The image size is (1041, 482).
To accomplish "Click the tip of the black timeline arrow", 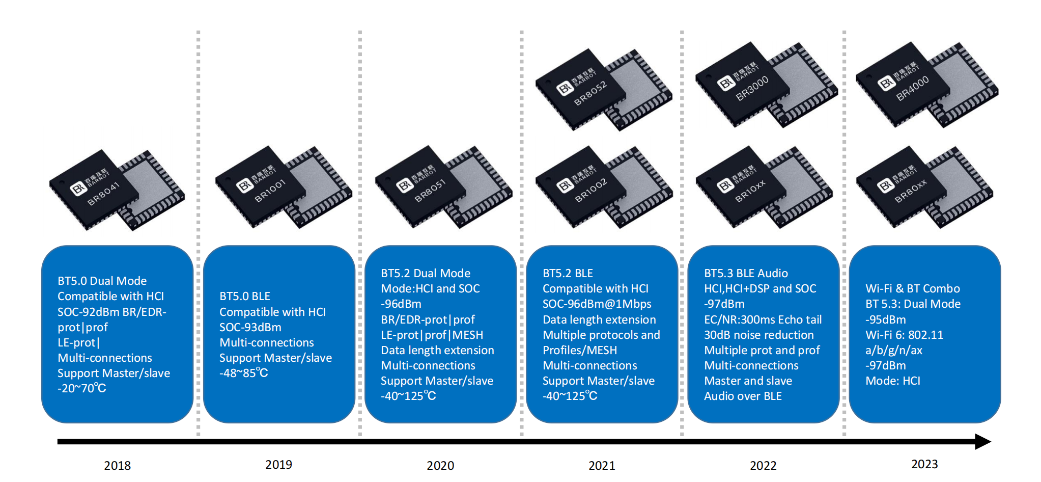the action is click(991, 441).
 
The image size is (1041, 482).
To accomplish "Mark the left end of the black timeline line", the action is click(58, 441).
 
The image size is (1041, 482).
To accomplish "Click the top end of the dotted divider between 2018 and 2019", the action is click(198, 32).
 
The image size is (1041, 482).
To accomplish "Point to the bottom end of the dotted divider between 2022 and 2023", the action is click(844, 435).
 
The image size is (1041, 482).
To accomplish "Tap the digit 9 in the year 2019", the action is click(289, 465).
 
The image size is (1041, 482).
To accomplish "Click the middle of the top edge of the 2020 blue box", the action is click(441, 246).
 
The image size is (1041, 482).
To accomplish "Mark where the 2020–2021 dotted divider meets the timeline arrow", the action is click(521, 441).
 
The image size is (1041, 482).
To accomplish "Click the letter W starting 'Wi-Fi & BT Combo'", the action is click(871, 288).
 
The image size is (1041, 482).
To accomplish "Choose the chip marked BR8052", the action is click(604, 89).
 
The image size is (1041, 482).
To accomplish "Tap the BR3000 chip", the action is click(766, 85).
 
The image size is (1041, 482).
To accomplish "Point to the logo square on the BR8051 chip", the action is click(405, 185).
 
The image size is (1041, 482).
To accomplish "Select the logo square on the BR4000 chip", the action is click(886, 83).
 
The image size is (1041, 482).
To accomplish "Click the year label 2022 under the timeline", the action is click(763, 466).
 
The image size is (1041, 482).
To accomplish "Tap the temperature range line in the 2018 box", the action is click(82, 388).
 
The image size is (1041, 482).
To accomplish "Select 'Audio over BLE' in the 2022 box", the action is click(743, 396).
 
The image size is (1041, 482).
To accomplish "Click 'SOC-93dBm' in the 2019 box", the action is click(250, 327).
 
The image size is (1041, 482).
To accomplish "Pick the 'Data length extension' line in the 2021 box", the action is click(599, 319).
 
